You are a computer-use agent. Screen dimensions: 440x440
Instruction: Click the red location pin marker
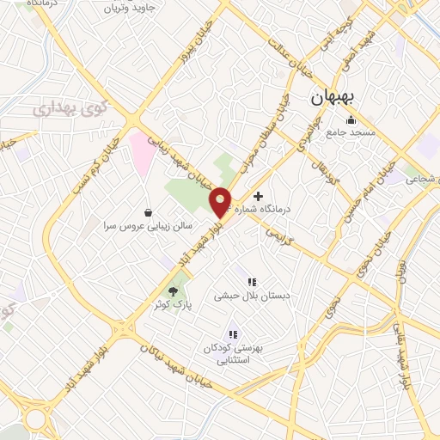(221, 201)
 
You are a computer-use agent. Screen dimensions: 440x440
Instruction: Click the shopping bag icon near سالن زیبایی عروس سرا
(149, 211)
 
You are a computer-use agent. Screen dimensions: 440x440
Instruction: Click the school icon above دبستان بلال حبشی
(253, 281)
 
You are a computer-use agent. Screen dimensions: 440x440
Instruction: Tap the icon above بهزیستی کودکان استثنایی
(233, 334)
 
